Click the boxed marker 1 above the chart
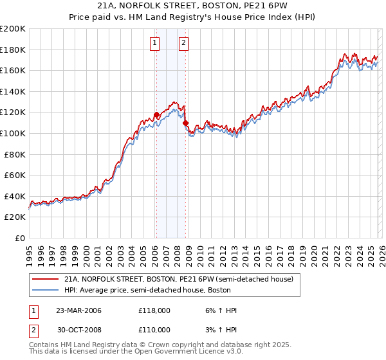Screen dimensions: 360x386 156,43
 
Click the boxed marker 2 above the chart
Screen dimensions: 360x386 183,43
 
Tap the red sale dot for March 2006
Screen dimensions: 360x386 156,115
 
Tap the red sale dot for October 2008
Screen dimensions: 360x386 186,123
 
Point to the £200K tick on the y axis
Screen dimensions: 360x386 13,29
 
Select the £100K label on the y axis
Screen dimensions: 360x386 13,133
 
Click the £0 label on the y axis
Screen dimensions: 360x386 19,238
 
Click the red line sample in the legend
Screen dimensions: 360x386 46,279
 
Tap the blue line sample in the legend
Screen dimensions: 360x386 46,290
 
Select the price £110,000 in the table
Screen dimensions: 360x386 154,329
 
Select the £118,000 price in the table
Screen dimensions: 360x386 154,310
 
